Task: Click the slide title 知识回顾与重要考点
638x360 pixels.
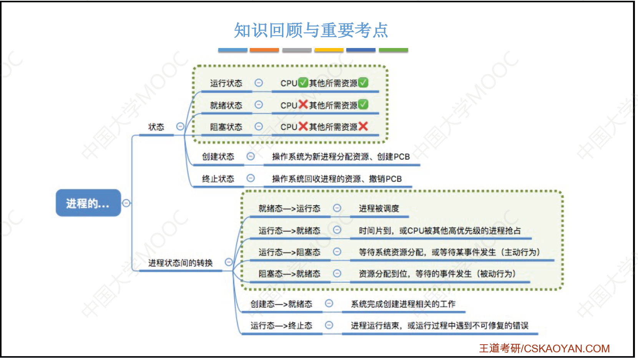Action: pyautogui.click(x=311, y=30)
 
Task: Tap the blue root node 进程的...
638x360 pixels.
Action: pyautogui.click(x=88, y=203)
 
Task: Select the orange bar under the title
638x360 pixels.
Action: pyautogui.click(x=264, y=50)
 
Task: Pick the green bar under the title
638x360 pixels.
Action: pyautogui.click(x=393, y=50)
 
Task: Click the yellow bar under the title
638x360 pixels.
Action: pyautogui.click(x=329, y=50)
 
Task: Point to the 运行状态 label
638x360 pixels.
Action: pyautogui.click(x=226, y=83)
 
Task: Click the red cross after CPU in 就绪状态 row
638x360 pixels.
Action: pyautogui.click(x=303, y=105)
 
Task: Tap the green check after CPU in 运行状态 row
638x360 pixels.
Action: pyautogui.click(x=303, y=83)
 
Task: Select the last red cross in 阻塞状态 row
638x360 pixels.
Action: pyautogui.click(x=363, y=126)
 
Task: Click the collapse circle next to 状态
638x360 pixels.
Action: pyautogui.click(x=180, y=126)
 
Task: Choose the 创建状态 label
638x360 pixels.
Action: pyautogui.click(x=218, y=157)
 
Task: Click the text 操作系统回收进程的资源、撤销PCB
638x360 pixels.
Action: pyautogui.click(x=337, y=179)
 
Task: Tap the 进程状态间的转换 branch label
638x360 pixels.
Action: pyautogui.click(x=180, y=262)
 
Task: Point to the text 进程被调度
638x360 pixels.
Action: pyautogui.click(x=379, y=209)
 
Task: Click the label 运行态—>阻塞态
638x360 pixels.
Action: pyautogui.click(x=289, y=252)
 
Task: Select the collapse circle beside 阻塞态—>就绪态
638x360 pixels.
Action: pyautogui.click(x=337, y=274)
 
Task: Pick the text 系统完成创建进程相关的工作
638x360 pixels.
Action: pyautogui.click(x=403, y=304)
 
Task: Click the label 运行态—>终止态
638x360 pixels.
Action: pyautogui.click(x=281, y=325)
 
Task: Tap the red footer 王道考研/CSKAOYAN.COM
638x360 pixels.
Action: pyautogui.click(x=544, y=348)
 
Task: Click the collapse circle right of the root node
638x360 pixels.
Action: pyautogui.click(x=126, y=203)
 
